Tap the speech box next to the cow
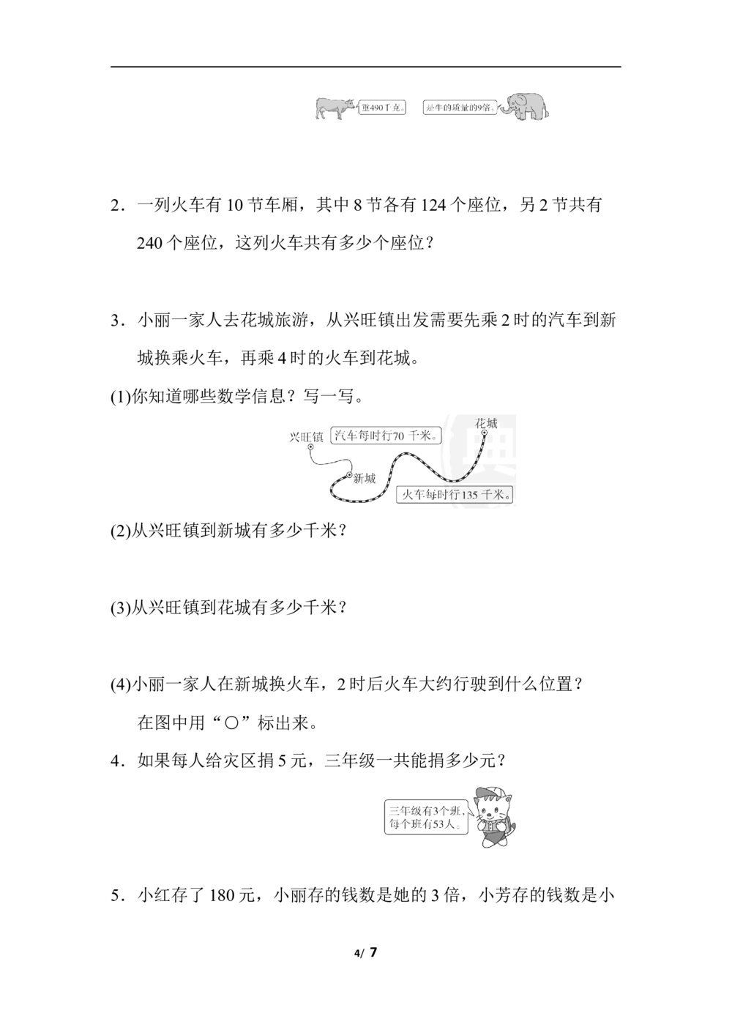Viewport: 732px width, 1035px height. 384,108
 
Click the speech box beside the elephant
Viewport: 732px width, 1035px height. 460,108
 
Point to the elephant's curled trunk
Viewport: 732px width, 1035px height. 504,109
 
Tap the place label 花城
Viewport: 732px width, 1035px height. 486,423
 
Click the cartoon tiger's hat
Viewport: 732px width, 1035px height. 489,795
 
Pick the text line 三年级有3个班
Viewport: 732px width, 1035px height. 424,810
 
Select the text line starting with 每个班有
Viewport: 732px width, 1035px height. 424,825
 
